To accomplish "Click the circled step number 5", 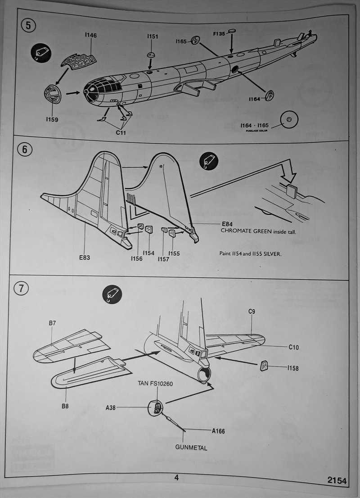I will pyautogui.click(x=28, y=25).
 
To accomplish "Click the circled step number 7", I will pyautogui.click(x=20, y=289).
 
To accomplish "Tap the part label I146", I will pyautogui.click(x=90, y=36).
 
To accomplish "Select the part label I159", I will pyautogui.click(x=52, y=120).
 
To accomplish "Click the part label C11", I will pyautogui.click(x=121, y=132).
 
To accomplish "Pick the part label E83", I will pyautogui.click(x=85, y=258).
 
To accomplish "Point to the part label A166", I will pyautogui.click(x=218, y=431).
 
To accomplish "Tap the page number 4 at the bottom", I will pyautogui.click(x=176, y=478).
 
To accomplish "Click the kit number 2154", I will pyautogui.click(x=337, y=481).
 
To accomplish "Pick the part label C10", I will pyautogui.click(x=294, y=347).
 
